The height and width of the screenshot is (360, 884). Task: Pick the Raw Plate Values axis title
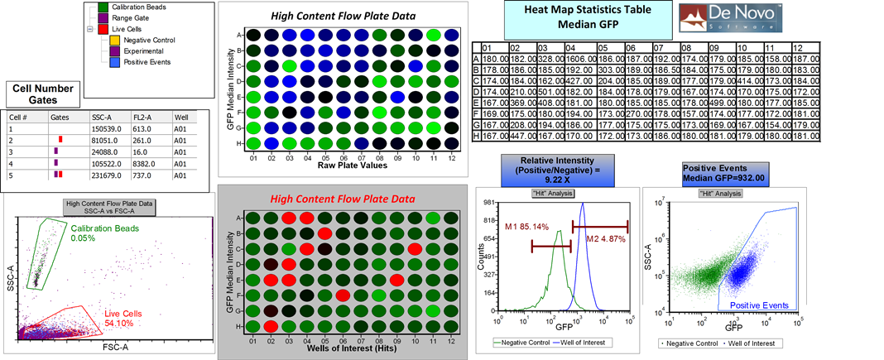click(x=339, y=166)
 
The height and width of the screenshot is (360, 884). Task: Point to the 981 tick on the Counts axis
click(x=489, y=202)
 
